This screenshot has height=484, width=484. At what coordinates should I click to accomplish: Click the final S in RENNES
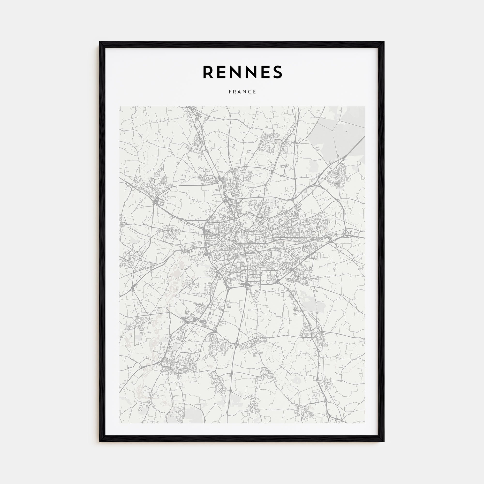pyautogui.click(x=277, y=72)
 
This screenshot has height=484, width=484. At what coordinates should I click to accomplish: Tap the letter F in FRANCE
pyautogui.click(x=230, y=92)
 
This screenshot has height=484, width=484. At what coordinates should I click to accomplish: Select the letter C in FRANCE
pyautogui.click(x=250, y=92)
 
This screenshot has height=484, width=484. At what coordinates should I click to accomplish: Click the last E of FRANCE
pyautogui.click(x=255, y=92)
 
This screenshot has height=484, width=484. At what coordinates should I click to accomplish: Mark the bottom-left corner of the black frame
pyautogui.click(x=100, y=441)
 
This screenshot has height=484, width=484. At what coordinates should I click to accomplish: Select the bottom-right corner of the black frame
pyautogui.click(x=384, y=441)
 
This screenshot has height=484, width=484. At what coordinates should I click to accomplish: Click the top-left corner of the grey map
pyautogui.click(x=120, y=106)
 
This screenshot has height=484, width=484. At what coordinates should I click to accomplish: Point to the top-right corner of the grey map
pyautogui.click(x=365, y=106)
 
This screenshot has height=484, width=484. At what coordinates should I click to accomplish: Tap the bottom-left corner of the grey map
pyautogui.click(x=120, y=423)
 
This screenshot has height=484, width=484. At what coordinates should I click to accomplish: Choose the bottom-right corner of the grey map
pyautogui.click(x=365, y=423)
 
